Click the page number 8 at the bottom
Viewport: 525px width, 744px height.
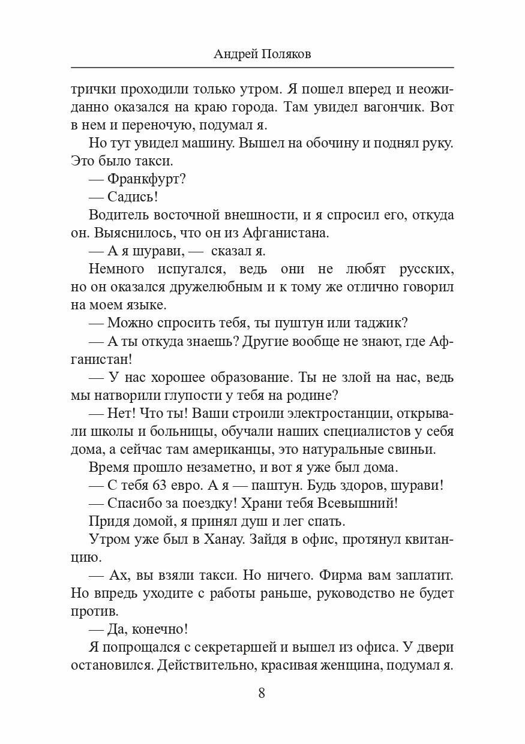pos(262,693)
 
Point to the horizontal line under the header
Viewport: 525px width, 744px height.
pos(262,67)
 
